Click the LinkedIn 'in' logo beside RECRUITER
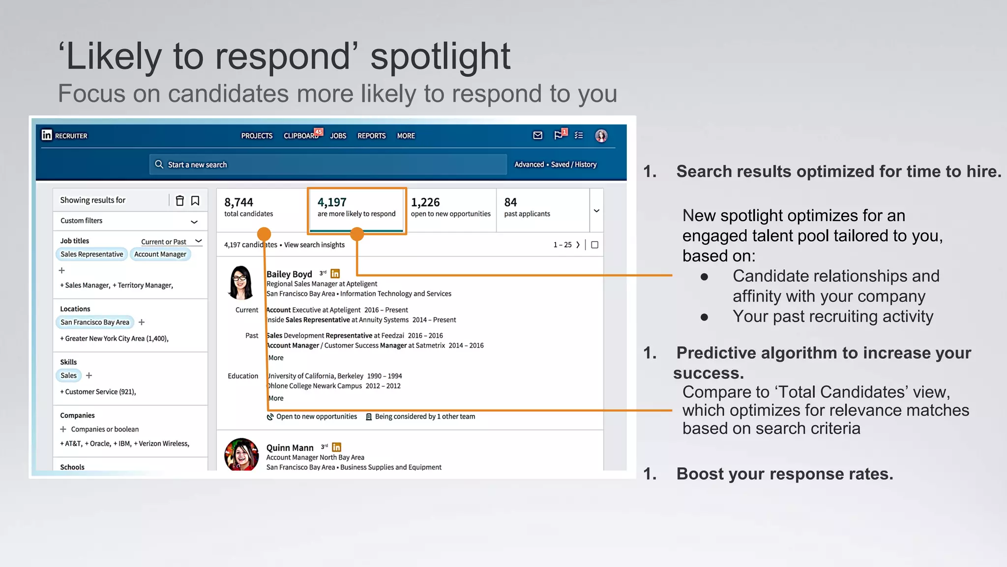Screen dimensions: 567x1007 pyautogui.click(x=47, y=135)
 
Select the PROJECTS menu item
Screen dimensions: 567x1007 pyautogui.click(x=257, y=136)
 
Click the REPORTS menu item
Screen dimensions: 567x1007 pyautogui.click(x=371, y=136)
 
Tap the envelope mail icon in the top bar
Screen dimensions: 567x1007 pyautogui.click(x=538, y=135)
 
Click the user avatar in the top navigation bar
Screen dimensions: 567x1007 pyautogui.click(x=601, y=136)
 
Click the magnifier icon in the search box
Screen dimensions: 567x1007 pyautogui.click(x=159, y=164)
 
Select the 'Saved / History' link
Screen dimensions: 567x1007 pyautogui.click(x=573, y=164)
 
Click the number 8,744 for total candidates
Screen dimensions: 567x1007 pyautogui.click(x=238, y=202)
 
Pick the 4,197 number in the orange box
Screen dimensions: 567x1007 pyautogui.click(x=332, y=202)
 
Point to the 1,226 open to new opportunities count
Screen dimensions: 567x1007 pyautogui.click(x=425, y=202)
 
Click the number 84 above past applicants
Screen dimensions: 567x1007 pyautogui.click(x=510, y=202)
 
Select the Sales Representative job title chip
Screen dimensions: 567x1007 pyautogui.click(x=92, y=254)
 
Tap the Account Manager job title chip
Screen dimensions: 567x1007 pyautogui.click(x=160, y=254)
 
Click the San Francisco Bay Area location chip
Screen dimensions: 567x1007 pyautogui.click(x=95, y=322)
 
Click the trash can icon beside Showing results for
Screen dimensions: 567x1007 pyautogui.click(x=180, y=200)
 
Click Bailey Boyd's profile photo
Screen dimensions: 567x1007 pyautogui.click(x=240, y=283)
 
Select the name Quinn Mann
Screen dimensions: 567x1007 pyautogui.click(x=290, y=448)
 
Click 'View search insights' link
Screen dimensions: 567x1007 pyautogui.click(x=314, y=245)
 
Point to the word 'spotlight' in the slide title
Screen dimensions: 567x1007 pyautogui.click(x=440, y=57)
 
